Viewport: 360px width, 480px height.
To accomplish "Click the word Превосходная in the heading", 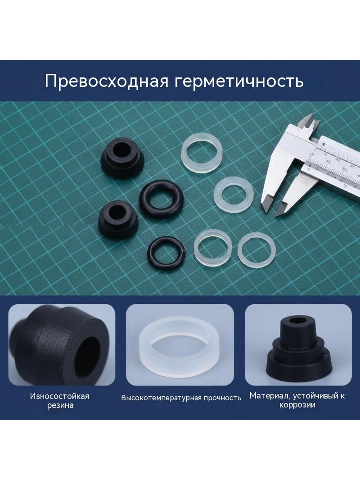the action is (x=107, y=81).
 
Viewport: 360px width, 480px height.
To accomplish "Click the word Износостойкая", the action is (x=59, y=396).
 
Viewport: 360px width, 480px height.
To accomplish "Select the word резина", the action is (x=60, y=406).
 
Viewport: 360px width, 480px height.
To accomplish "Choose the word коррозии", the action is (x=297, y=405).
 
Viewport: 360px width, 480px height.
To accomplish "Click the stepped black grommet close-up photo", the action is (x=298, y=345).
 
